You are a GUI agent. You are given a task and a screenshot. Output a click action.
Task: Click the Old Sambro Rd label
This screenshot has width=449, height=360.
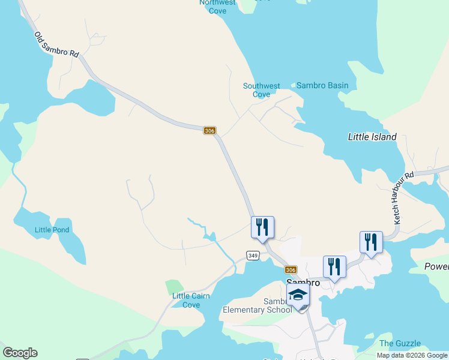[x=56, y=45]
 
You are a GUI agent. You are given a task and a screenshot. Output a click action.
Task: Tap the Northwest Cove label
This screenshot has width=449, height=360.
[x=217, y=6]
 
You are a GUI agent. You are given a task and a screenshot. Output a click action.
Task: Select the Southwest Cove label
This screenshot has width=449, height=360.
[x=261, y=90]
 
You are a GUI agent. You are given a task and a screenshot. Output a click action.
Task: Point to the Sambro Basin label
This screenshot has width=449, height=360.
[x=322, y=86]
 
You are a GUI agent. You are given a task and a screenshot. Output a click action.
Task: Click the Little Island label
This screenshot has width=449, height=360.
[x=372, y=137]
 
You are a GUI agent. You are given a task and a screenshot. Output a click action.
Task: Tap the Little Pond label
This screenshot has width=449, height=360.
[x=52, y=230]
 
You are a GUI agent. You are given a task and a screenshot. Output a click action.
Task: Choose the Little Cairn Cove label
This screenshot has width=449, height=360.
[x=186, y=300]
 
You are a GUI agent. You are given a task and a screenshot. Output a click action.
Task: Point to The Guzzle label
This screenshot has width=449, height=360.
[x=400, y=343]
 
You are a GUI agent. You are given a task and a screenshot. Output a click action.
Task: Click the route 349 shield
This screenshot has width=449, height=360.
[x=253, y=256]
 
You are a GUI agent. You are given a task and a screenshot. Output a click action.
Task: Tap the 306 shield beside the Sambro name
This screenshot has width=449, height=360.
[x=291, y=269]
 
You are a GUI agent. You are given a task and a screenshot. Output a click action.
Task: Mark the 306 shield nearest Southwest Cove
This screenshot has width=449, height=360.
[x=209, y=130]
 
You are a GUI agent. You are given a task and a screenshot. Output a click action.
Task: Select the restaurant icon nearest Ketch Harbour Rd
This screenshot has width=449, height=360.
[x=371, y=242]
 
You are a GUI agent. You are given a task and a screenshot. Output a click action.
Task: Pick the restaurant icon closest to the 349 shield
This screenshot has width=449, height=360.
[x=262, y=227]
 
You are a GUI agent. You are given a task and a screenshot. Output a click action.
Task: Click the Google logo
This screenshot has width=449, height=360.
[x=20, y=353]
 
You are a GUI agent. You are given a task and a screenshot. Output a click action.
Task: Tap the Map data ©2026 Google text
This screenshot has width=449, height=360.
[x=412, y=355]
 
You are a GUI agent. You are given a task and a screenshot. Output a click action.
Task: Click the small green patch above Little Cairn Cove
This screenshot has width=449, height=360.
[x=173, y=286]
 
